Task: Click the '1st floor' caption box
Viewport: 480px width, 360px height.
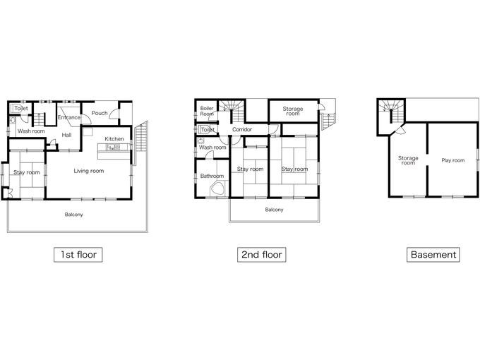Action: [78, 255]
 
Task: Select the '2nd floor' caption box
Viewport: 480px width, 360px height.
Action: [262, 255]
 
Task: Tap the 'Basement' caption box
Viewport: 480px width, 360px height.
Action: [433, 255]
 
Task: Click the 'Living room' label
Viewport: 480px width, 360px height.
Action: [89, 171]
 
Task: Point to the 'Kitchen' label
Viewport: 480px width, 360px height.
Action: [114, 138]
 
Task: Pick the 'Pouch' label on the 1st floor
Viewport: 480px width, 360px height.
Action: [100, 113]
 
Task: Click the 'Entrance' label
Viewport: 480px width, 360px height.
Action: [69, 117]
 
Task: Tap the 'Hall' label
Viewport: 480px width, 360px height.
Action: [66, 135]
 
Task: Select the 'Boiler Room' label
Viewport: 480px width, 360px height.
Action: [207, 111]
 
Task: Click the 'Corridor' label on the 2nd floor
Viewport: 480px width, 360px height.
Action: [242, 129]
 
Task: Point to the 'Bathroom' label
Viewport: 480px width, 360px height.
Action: [212, 176]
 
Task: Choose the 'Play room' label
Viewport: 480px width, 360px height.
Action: [452, 160]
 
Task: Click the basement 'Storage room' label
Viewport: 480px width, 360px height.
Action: [408, 160]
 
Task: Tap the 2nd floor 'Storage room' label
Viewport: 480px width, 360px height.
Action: [293, 111]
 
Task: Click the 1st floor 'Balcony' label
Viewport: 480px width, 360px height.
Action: [74, 215]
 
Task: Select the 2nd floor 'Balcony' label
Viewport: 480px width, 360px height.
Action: [274, 210]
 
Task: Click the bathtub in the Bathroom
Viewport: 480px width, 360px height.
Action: [218, 189]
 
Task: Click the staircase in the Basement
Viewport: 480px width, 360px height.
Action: [392, 112]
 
